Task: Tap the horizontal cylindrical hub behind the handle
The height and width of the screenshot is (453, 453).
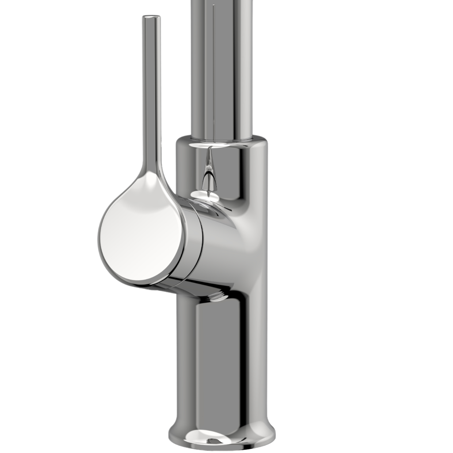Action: (217, 248)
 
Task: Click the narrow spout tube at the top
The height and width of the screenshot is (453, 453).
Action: (221, 66)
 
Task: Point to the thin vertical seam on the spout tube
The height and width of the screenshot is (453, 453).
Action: (214, 66)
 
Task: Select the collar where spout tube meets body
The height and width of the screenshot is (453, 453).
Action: (221, 141)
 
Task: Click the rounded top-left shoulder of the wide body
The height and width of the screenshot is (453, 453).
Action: (180, 144)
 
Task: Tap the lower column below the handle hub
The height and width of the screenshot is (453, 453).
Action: (221, 354)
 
